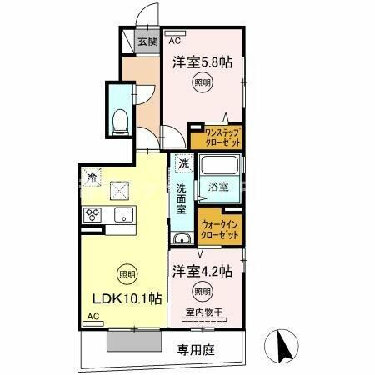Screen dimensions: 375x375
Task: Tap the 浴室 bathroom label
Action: (x=220, y=186)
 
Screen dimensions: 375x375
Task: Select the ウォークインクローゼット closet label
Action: (x=220, y=230)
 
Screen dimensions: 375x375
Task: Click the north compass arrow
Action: (x=280, y=343)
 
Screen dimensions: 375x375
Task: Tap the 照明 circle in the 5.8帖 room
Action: (x=202, y=82)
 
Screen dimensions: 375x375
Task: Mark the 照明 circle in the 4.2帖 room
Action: (x=202, y=291)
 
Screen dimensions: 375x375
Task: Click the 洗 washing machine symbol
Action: (x=182, y=163)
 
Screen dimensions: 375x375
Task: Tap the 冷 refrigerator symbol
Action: (x=92, y=177)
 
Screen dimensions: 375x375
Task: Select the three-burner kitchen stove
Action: (x=92, y=215)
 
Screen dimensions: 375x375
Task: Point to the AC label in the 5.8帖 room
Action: (x=175, y=39)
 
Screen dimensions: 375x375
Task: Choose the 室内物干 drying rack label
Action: (x=203, y=312)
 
